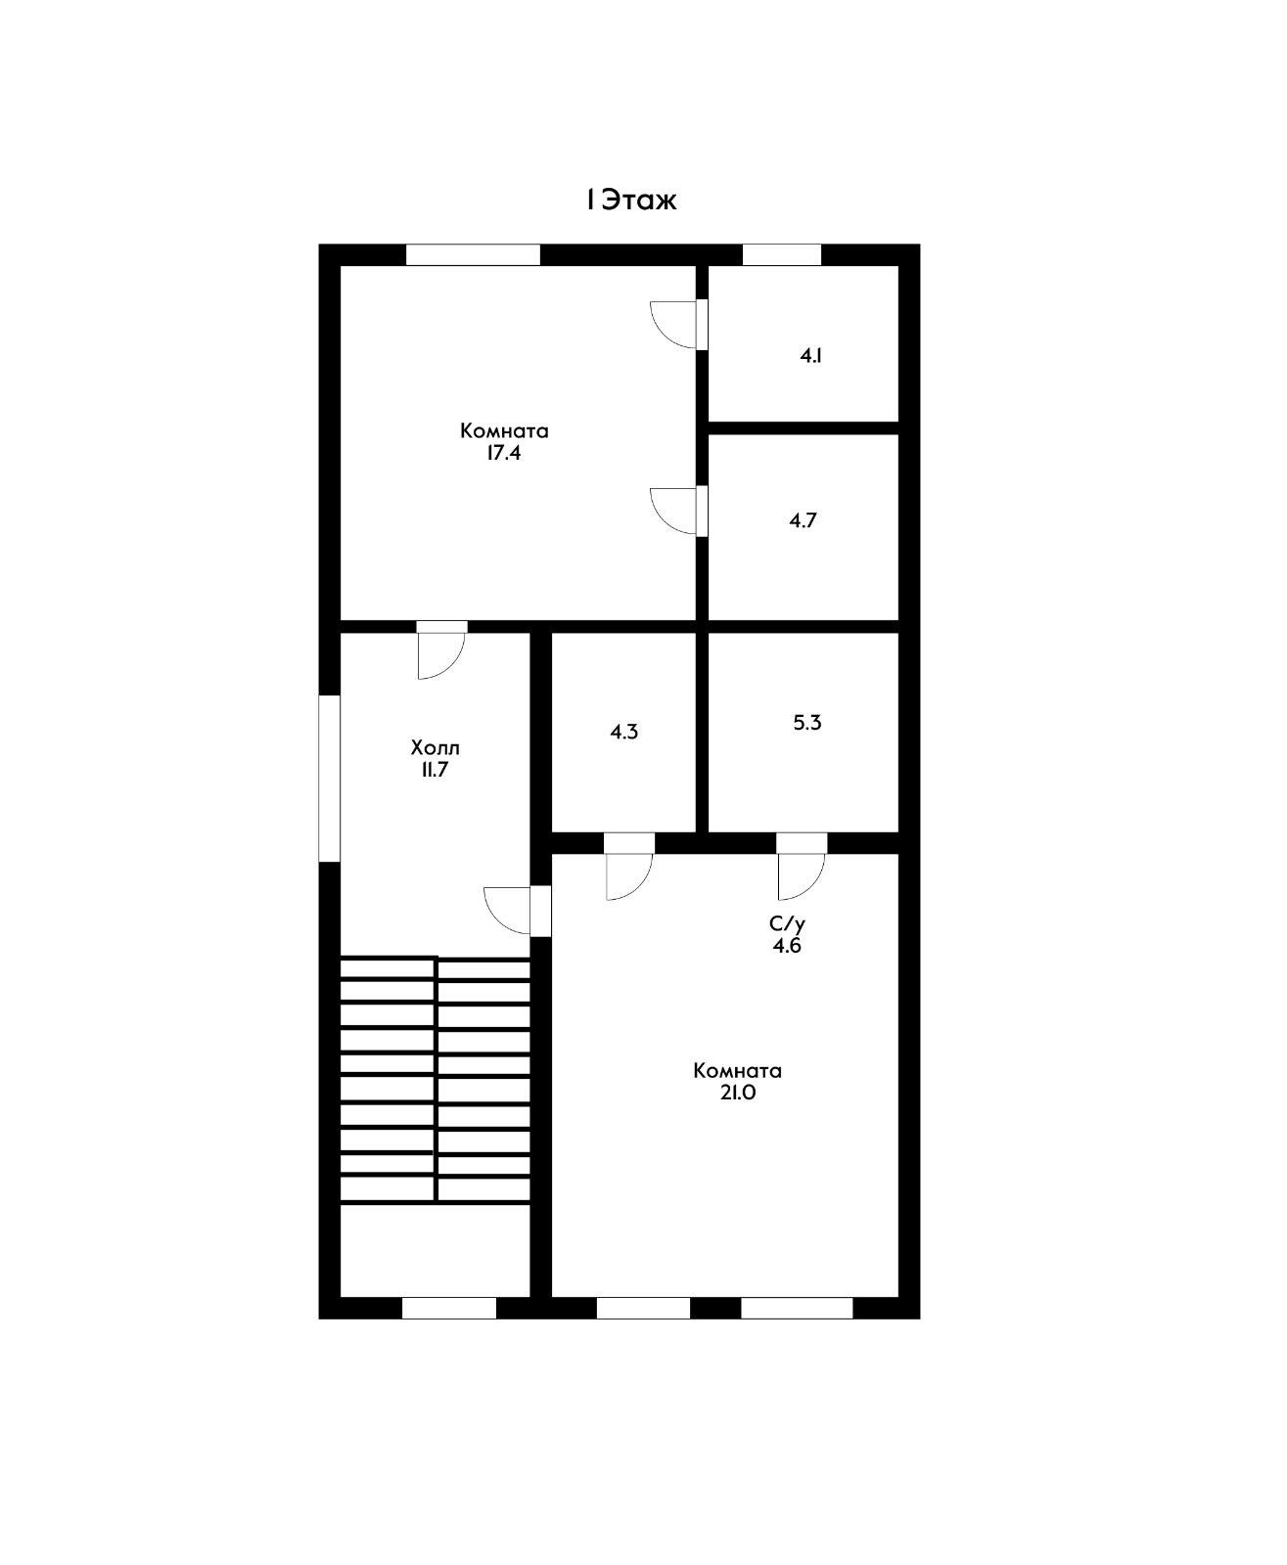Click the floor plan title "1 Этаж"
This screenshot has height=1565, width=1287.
click(x=631, y=201)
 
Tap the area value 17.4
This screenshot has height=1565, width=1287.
click(x=503, y=454)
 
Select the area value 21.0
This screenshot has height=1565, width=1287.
click(x=737, y=1093)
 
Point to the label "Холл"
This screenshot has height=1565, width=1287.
click(x=436, y=747)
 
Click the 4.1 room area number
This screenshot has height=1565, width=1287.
click(x=810, y=356)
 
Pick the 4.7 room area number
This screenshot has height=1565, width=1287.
click(x=803, y=521)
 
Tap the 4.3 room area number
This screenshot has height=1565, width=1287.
click(x=623, y=733)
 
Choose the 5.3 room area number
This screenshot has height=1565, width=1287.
click(x=807, y=723)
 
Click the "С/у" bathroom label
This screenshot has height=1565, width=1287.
click(x=787, y=924)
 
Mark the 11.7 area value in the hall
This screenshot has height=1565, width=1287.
click(x=435, y=770)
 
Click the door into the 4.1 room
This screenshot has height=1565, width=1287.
click(x=679, y=325)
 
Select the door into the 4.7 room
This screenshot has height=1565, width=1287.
click(x=679, y=512)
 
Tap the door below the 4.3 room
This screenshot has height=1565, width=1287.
click(x=629, y=867)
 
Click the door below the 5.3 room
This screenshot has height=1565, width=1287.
click(x=803, y=867)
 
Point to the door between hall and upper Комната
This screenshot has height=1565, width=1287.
click(x=441, y=650)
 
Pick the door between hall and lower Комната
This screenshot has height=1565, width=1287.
click(x=518, y=912)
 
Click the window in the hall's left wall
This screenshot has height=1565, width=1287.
click(x=330, y=780)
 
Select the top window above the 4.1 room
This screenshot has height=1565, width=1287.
click(x=782, y=254)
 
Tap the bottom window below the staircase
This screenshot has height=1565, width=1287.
click(x=449, y=1309)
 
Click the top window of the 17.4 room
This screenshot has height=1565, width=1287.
click(x=473, y=254)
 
